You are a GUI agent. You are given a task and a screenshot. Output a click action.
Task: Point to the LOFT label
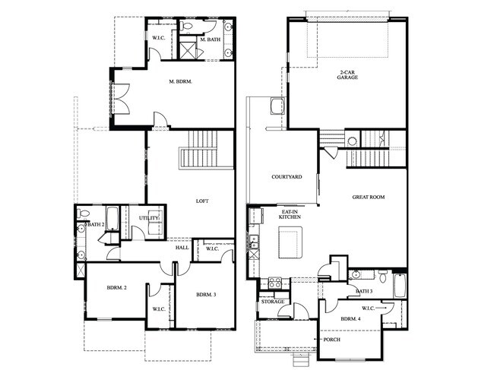pyautogui.click(x=202, y=201)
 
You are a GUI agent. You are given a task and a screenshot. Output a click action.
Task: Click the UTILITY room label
pyautogui.click(x=149, y=219)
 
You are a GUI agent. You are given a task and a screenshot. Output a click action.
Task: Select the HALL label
pyautogui.click(x=182, y=247)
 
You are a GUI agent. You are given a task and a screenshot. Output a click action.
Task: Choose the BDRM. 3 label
pyautogui.click(x=207, y=295)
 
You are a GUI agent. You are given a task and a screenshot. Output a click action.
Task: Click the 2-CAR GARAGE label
pyautogui.click(x=347, y=76)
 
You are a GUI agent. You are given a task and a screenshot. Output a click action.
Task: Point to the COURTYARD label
pyautogui.click(x=287, y=177)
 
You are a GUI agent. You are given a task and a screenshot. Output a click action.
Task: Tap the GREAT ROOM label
pyautogui.click(x=368, y=198)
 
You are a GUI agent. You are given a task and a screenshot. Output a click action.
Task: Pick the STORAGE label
pyautogui.click(x=273, y=302)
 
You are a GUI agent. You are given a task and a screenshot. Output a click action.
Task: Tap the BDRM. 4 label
pyautogui.click(x=350, y=319)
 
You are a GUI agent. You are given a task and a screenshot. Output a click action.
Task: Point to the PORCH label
pyautogui.click(x=331, y=340)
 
